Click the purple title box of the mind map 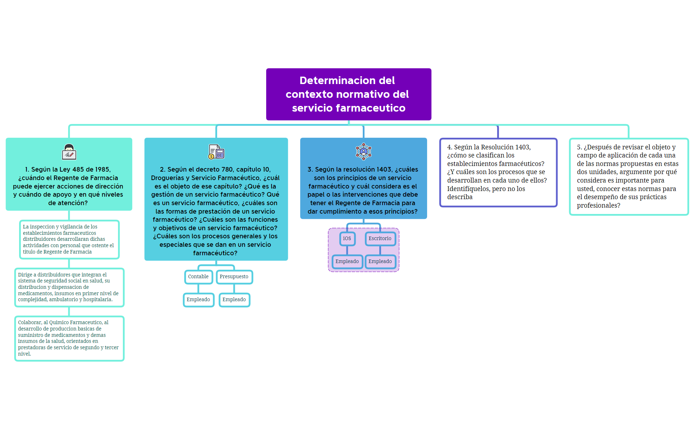click(348, 94)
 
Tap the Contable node click(198, 277)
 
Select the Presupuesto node click(234, 277)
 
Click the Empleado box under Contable click(198, 300)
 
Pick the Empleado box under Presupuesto click(234, 300)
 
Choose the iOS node click(347, 239)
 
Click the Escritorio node click(380, 239)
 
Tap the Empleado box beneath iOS click(347, 262)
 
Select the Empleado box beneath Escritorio click(380, 262)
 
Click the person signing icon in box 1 click(69, 152)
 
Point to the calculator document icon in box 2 click(216, 152)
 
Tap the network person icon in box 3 click(363, 151)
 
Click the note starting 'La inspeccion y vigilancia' click(69, 239)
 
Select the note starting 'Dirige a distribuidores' click(69, 287)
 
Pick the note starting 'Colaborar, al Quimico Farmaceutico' click(69, 338)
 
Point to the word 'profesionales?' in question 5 click(598, 205)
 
